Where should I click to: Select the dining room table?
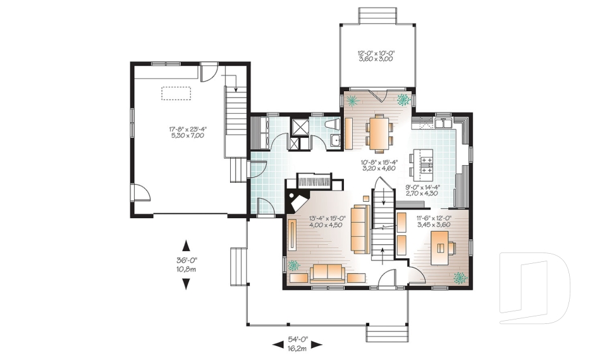coord(379,133)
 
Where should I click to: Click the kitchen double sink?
coord(443,123)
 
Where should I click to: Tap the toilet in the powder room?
coord(333,125)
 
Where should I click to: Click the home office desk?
coord(440,248)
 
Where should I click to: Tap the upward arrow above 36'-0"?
coord(186,245)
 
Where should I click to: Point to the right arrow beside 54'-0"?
coord(317,344)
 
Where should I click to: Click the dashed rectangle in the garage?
coord(176,94)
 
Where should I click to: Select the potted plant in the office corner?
coord(460,278)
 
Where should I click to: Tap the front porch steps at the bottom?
coord(387,333)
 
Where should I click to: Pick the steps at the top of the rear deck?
coord(377,16)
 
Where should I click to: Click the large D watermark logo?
coord(534,288)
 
